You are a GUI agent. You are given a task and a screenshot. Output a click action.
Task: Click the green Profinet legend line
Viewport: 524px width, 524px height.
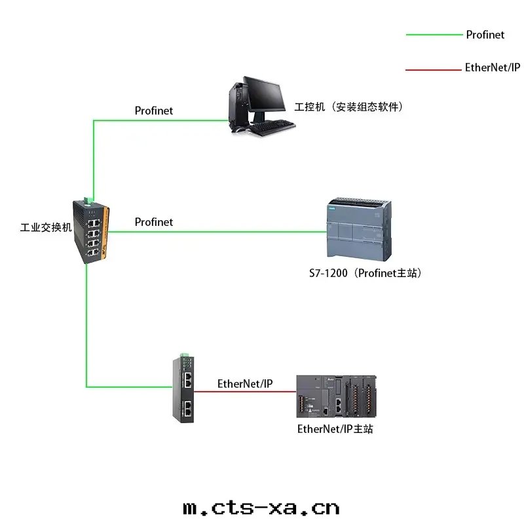(x=434, y=35)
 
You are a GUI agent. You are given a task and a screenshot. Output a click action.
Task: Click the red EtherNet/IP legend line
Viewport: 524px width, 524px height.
(x=434, y=69)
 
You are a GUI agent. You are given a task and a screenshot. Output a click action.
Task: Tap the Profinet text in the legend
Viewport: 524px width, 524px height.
(x=485, y=35)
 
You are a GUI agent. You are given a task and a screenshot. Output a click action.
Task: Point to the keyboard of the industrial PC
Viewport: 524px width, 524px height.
(x=272, y=127)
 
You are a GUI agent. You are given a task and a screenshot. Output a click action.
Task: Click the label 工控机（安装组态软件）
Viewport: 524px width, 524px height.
(x=348, y=106)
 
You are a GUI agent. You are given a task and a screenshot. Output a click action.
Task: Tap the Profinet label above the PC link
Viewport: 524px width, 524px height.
(x=154, y=111)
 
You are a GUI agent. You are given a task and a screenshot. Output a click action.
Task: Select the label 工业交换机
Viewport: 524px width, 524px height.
(x=46, y=229)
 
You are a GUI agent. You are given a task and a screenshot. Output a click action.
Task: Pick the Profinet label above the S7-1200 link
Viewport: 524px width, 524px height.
(x=154, y=222)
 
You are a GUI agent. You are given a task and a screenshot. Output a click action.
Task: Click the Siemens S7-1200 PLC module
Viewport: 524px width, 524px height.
(x=359, y=230)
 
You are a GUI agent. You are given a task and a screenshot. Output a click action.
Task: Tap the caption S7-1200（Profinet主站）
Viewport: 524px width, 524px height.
(x=365, y=273)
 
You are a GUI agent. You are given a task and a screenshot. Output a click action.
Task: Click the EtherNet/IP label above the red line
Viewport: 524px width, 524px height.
(x=245, y=384)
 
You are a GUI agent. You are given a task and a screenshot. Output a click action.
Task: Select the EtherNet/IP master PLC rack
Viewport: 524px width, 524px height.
(x=336, y=398)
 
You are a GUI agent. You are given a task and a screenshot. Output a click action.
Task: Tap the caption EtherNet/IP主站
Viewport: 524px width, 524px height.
(x=335, y=430)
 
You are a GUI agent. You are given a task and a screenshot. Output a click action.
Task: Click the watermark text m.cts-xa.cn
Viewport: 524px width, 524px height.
(x=262, y=508)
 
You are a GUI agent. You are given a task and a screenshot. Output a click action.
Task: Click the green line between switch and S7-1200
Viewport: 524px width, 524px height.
(x=216, y=231)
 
